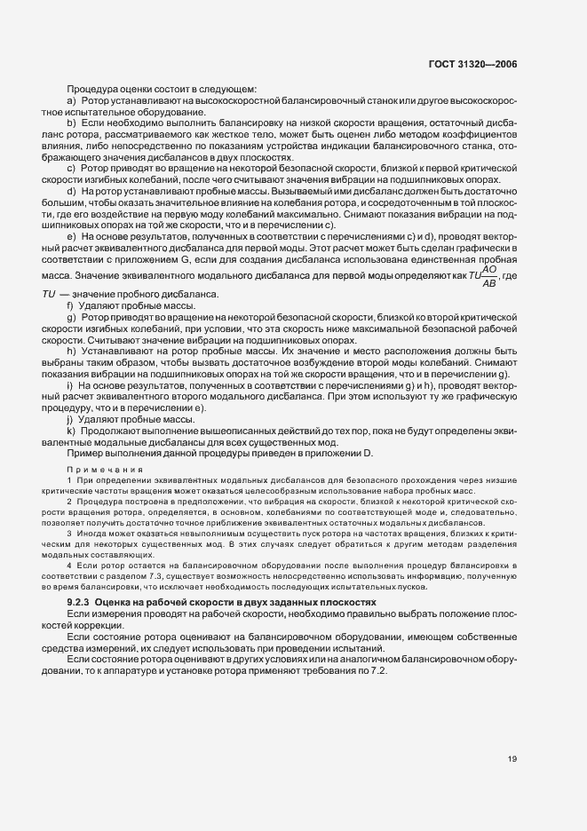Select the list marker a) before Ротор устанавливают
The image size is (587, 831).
coord(70,101)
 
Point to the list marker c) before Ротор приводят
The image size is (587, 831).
coord(70,168)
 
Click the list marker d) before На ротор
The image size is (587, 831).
coord(70,191)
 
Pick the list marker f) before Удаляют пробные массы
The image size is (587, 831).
coord(69,306)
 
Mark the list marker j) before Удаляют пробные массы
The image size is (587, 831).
coord(69,419)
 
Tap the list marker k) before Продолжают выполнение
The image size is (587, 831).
coord(70,430)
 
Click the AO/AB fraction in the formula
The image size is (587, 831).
coord(488,277)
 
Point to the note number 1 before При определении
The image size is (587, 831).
coord(68,480)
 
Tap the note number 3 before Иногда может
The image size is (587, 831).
coord(68,534)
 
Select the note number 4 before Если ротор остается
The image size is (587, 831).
coord(68,566)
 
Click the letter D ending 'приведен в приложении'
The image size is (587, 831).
coord(369,454)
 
